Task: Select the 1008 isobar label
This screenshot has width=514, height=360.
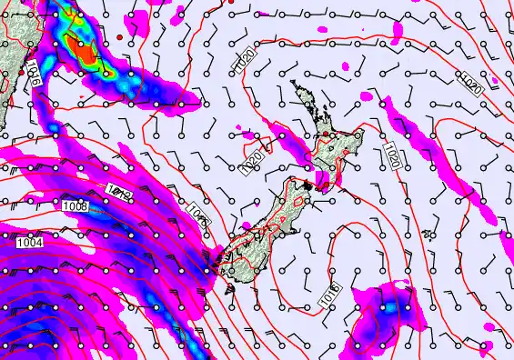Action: point(76,208)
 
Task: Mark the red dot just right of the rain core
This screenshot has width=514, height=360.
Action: point(120,35)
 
